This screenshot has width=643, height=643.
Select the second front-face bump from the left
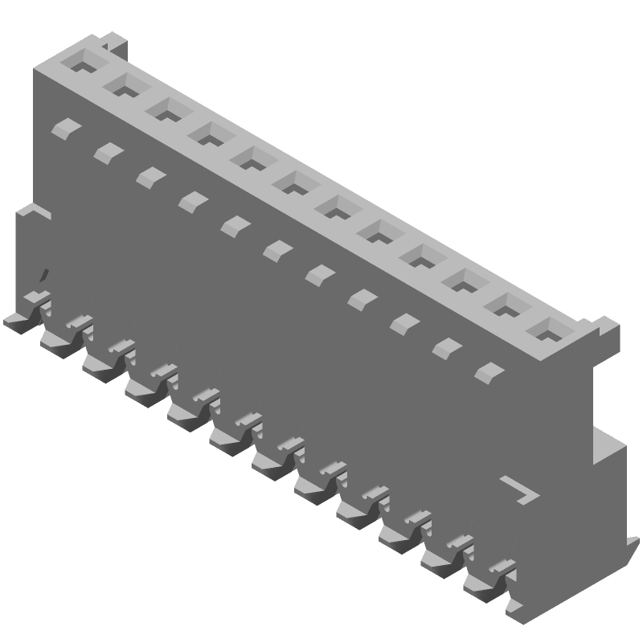tap(105, 151)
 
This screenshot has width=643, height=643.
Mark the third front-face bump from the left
tap(148, 176)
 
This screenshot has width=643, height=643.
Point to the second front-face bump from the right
tap(444, 347)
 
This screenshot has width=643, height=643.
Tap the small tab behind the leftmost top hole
tap(116, 40)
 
